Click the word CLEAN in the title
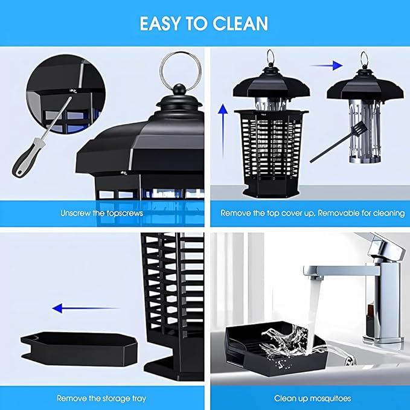240,24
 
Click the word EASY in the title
160,24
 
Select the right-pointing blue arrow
326,65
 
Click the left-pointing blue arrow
86,309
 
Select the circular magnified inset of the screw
65,95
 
